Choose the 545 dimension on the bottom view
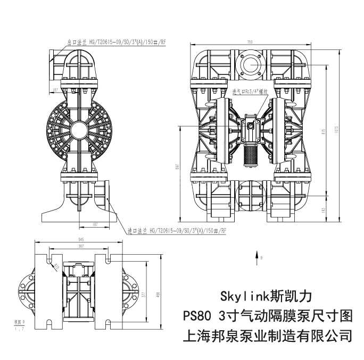point(80,240)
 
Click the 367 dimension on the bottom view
point(80,246)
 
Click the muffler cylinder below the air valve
point(249,155)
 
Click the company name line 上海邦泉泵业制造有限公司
point(267,336)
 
